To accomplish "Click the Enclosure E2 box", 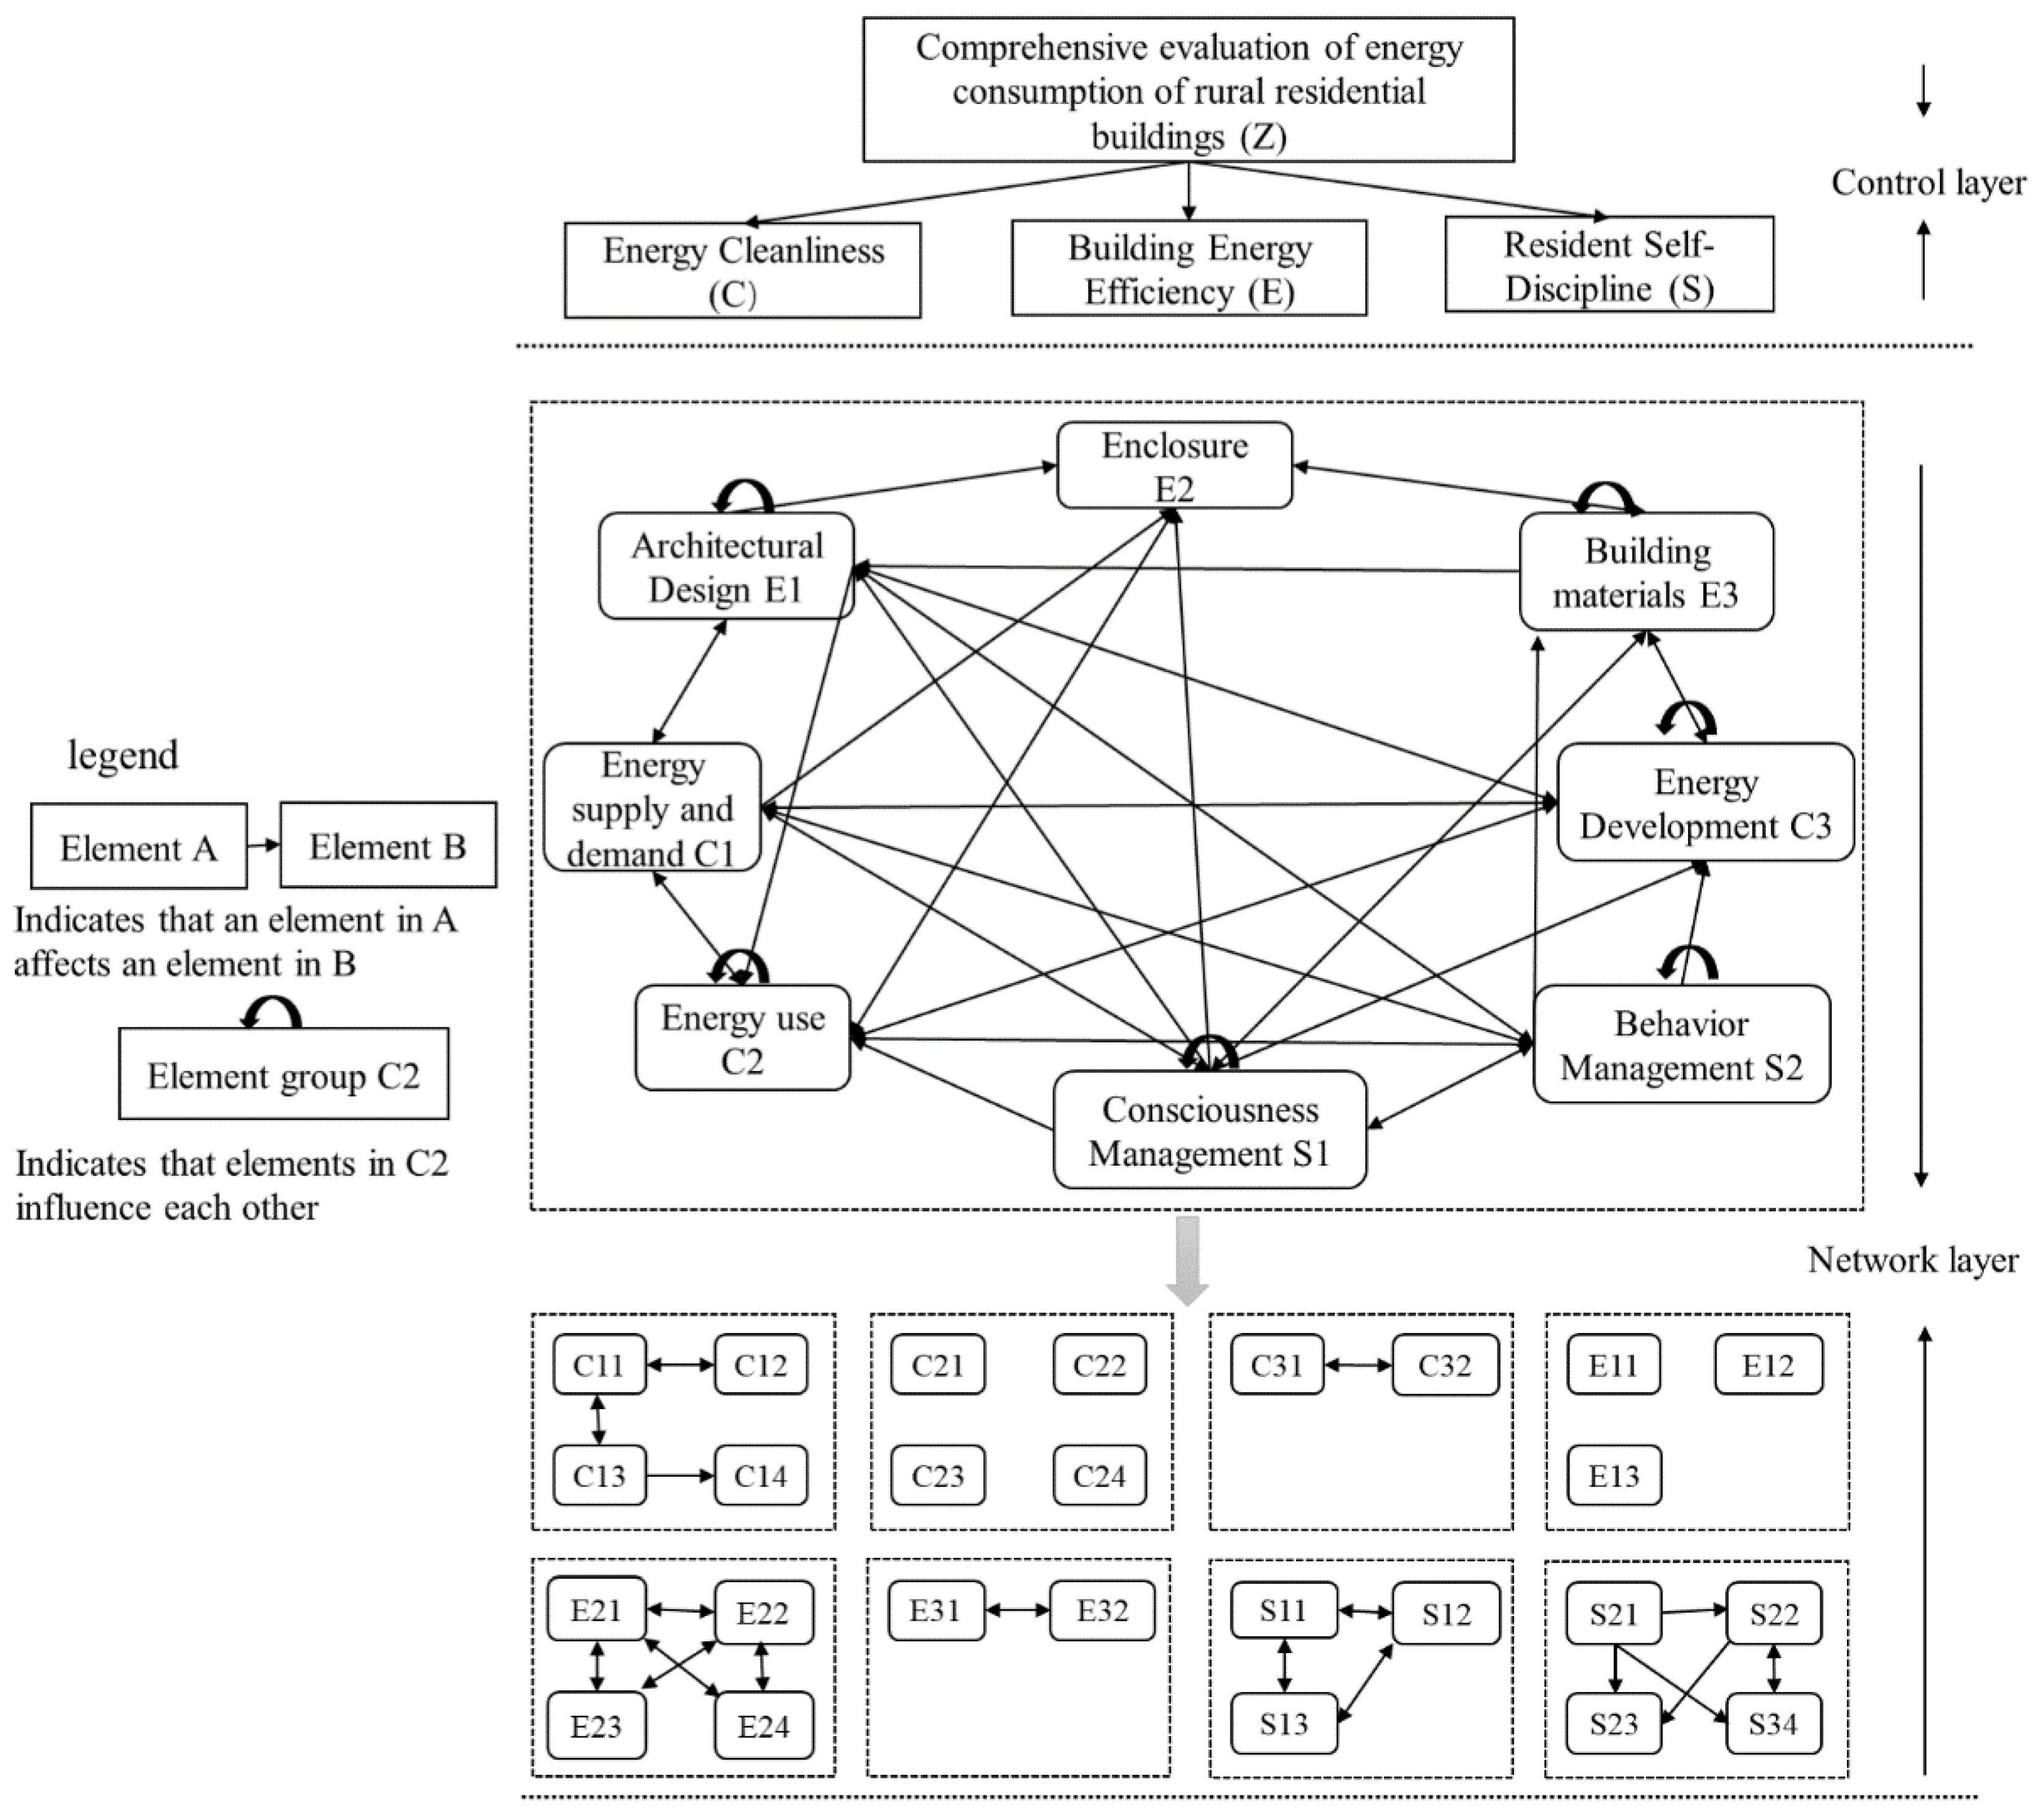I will [1174, 466].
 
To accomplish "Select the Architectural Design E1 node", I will [726, 567].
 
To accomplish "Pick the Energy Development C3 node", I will [1705, 803].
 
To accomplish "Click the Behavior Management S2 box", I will [1681, 1045].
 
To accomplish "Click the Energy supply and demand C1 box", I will [653, 808].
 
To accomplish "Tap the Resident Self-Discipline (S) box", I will [1608, 266].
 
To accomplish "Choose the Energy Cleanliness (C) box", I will [742, 271].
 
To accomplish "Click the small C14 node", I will [760, 1476].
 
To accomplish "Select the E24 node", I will [763, 1726].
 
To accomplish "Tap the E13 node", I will [1613, 1476].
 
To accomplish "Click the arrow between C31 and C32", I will [1358, 1364].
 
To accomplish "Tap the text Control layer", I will [1928, 183].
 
